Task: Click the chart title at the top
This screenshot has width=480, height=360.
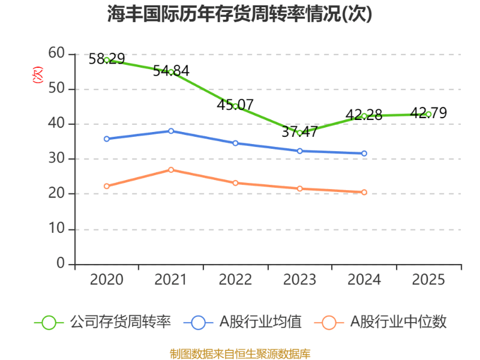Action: pyautogui.click(x=240, y=13)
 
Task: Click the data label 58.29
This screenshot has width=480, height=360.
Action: pyautogui.click(x=107, y=59)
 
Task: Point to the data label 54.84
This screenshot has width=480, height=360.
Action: pyautogui.click(x=171, y=71)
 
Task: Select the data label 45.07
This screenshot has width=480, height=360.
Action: pyautogui.click(x=235, y=104)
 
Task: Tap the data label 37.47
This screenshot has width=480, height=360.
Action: pyautogui.click(x=299, y=131)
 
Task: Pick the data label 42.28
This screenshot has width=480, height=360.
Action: pyautogui.click(x=364, y=115)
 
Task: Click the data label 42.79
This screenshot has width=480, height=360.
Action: pyautogui.click(x=428, y=113)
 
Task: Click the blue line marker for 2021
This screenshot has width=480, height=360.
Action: pyautogui.click(x=171, y=131)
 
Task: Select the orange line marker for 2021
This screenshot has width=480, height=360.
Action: pyautogui.click(x=171, y=170)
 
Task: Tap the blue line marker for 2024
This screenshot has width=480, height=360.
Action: pyautogui.click(x=364, y=153)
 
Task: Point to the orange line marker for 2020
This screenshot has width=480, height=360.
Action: pyautogui.click(x=107, y=186)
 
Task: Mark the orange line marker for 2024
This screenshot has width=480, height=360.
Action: pyautogui.click(x=364, y=192)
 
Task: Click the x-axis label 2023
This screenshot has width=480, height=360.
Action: pyautogui.click(x=299, y=280)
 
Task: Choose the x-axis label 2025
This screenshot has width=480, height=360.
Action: pyautogui.click(x=428, y=280)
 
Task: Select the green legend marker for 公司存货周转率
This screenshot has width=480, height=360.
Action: pyautogui.click(x=49, y=322)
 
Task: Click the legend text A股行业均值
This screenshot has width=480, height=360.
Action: pyautogui.click(x=260, y=322)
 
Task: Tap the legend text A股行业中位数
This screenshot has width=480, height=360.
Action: pyautogui.click(x=398, y=322)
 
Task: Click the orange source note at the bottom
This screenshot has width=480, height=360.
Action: pyautogui.click(x=240, y=353)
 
